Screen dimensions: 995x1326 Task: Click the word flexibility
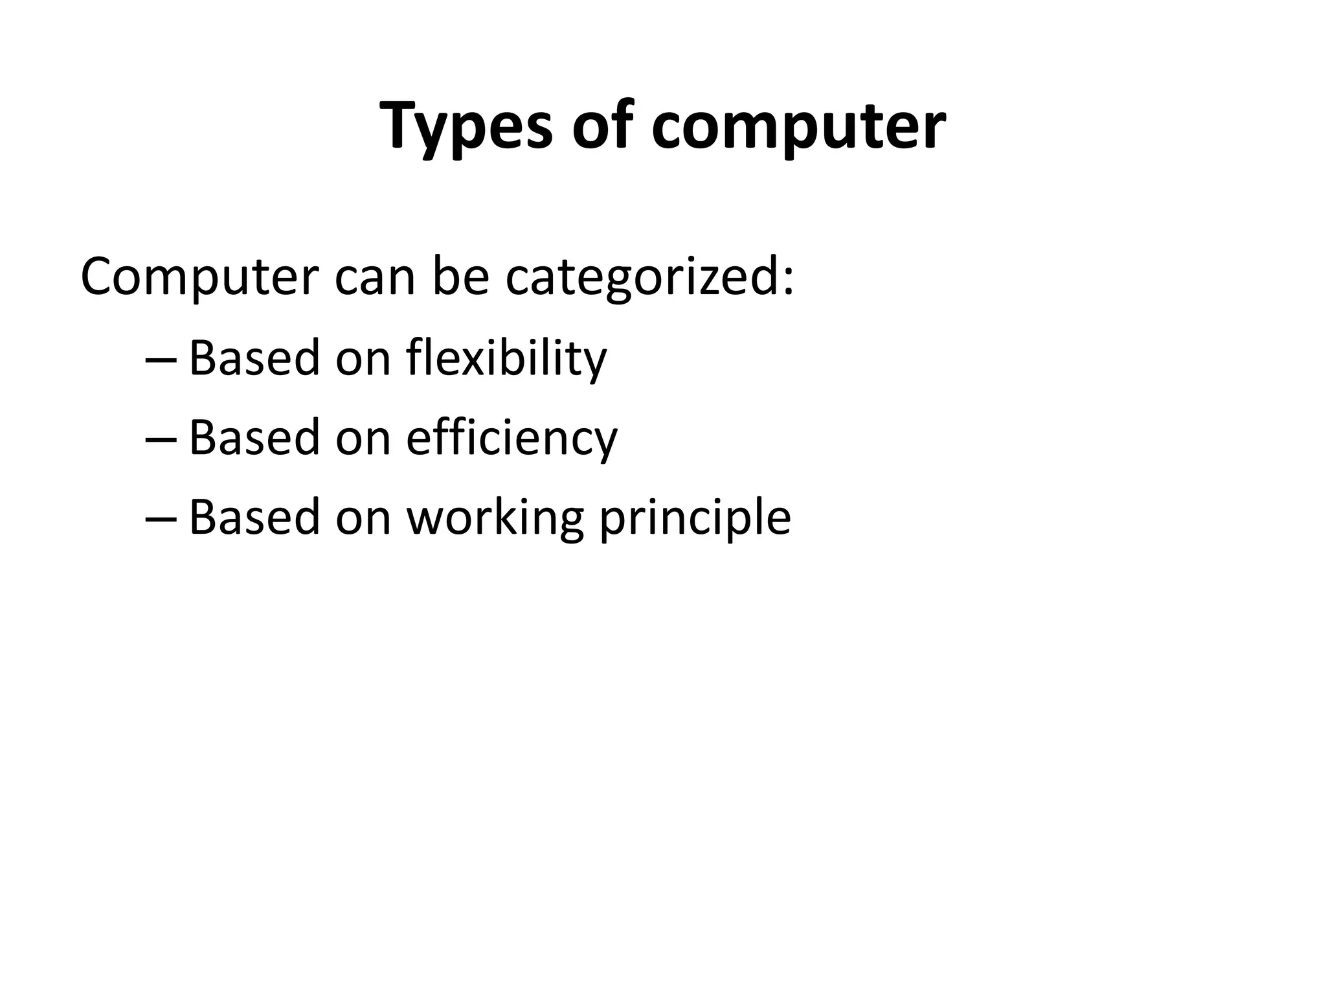point(506,358)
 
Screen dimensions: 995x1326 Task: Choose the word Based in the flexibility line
point(254,358)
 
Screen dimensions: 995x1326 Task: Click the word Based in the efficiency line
point(254,438)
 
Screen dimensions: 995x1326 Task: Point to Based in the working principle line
point(254,518)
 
